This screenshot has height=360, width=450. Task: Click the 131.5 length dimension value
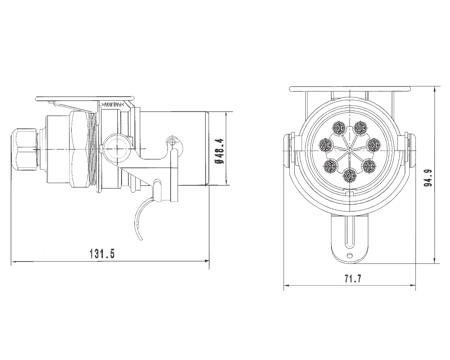[103, 253]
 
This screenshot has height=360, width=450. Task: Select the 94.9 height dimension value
[428, 178]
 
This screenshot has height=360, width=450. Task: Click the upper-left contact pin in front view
[339, 127]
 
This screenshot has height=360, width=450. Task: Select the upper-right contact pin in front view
[360, 127]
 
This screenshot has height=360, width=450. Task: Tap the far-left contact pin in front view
[327, 143]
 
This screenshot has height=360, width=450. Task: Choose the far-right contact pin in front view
[373, 143]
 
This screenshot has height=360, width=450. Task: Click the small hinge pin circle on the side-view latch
[172, 141]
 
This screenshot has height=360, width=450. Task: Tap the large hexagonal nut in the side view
[82, 149]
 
